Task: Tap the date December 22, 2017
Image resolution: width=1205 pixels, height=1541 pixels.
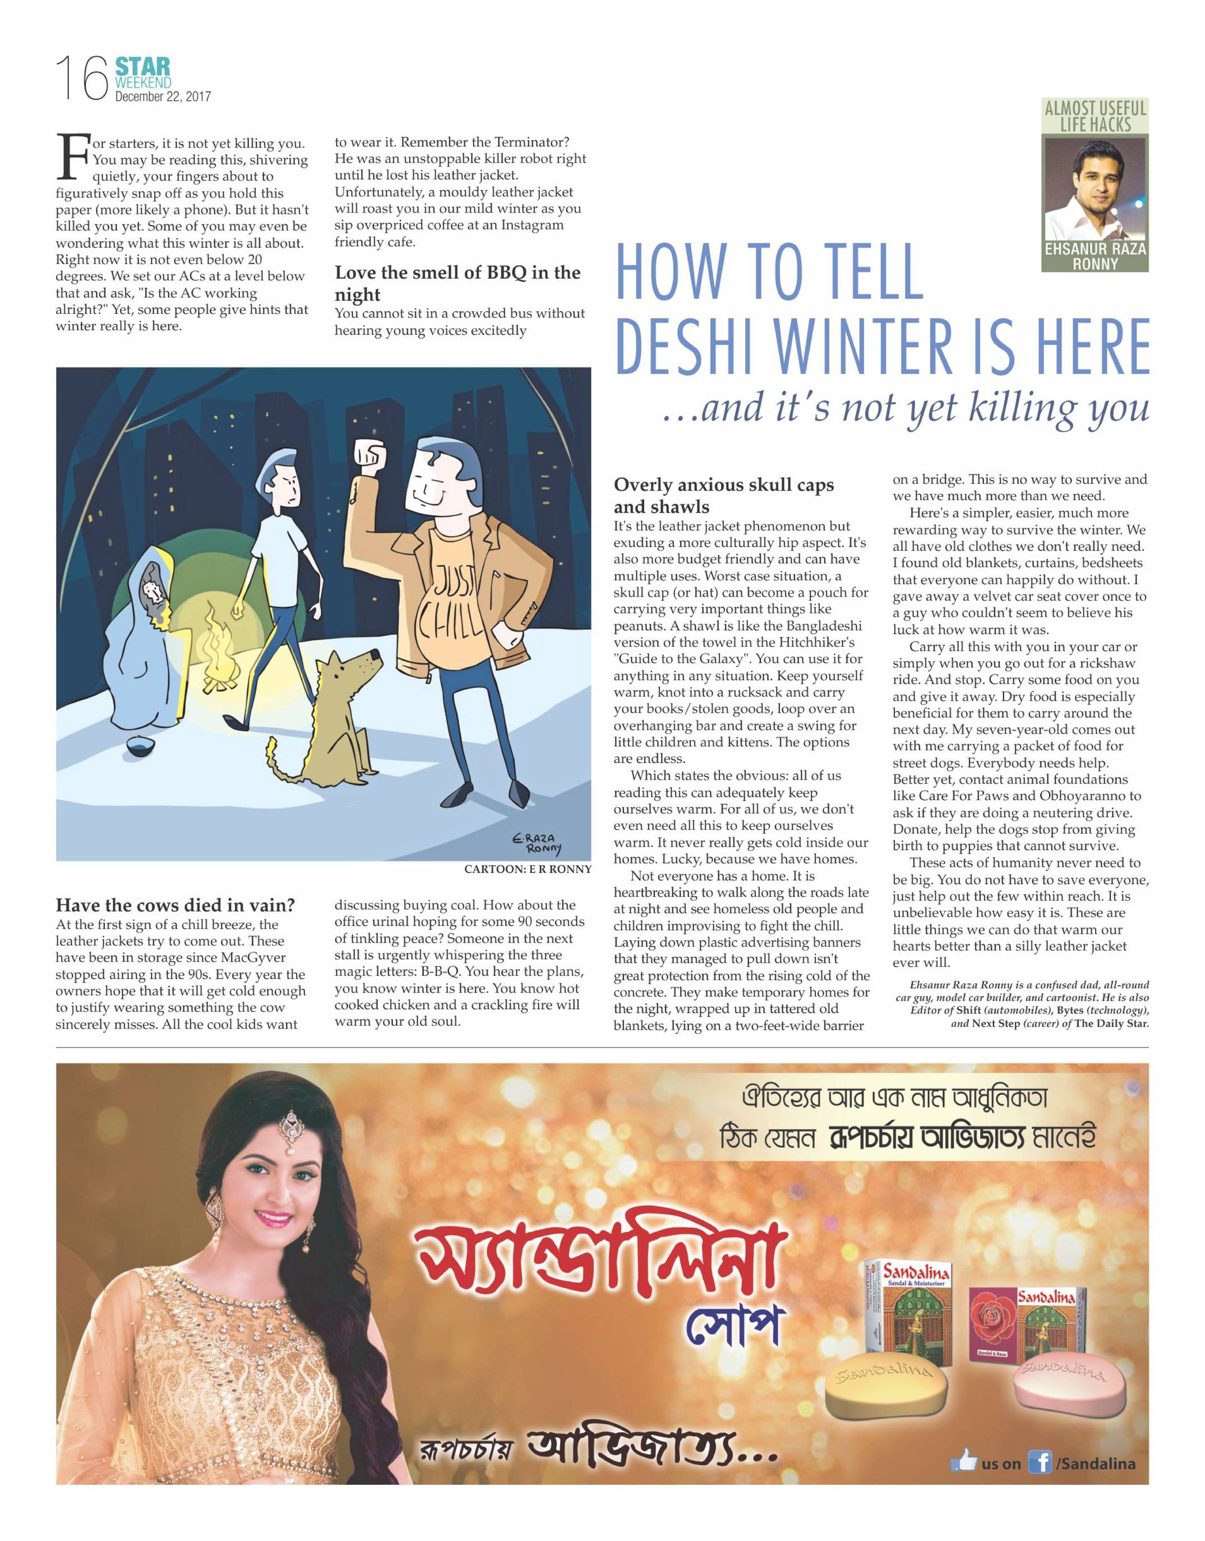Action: point(163,96)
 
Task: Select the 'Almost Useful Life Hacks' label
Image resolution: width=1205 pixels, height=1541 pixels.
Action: point(1095,117)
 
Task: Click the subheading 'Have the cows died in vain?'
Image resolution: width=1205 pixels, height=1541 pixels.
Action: point(175,905)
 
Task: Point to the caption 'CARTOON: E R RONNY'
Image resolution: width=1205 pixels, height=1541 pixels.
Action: point(527,869)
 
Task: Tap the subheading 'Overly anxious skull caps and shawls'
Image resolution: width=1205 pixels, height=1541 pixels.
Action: point(723,495)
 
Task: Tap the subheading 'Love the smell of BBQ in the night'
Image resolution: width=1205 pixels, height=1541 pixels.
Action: point(457,283)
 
